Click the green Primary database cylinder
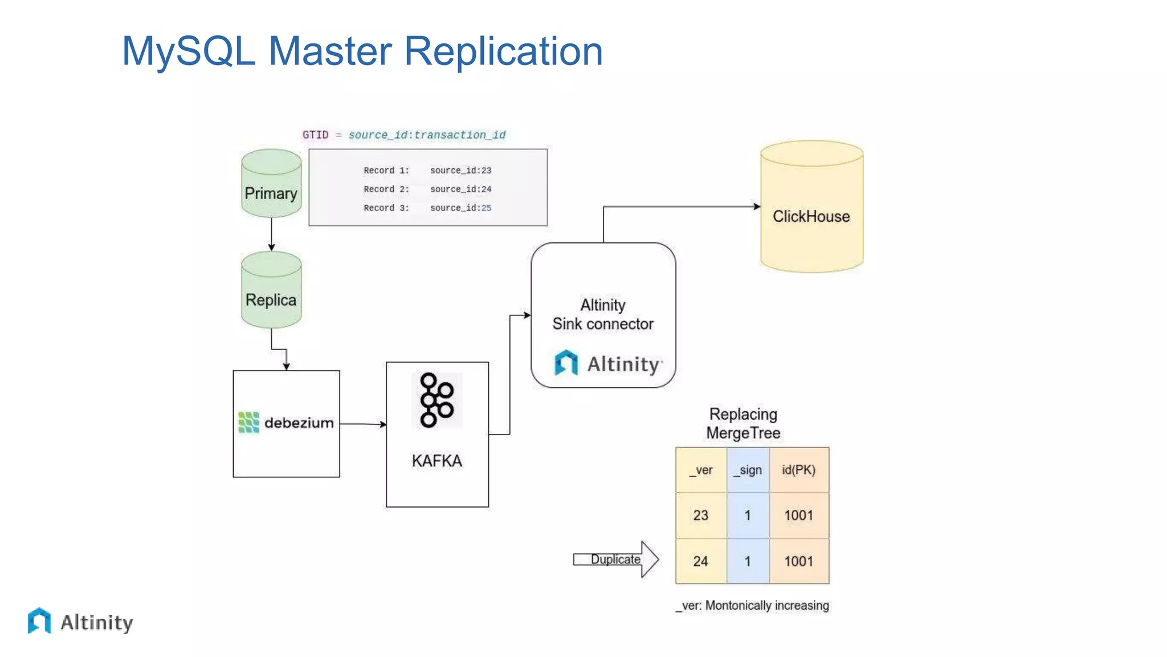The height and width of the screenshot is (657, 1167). [271, 184]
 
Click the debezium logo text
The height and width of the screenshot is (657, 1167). [298, 423]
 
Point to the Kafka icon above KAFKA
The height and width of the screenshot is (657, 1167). [436, 400]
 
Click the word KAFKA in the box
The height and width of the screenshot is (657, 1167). [436, 461]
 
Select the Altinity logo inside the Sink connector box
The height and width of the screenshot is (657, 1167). [607, 363]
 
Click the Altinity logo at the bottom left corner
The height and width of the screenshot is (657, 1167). [80, 622]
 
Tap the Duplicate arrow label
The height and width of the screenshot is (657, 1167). [615, 559]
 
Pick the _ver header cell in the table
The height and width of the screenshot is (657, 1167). [701, 470]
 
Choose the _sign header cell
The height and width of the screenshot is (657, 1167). [748, 470]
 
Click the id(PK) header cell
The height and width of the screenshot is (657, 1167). [798, 470]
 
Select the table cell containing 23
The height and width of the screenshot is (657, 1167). [701, 516]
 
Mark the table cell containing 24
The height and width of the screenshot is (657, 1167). [701, 561]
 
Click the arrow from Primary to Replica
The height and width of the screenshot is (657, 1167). [271, 234]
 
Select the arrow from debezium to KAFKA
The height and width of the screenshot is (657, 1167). [363, 424]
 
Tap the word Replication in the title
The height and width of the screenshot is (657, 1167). [503, 51]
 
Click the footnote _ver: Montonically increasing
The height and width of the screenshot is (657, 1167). [752, 605]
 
